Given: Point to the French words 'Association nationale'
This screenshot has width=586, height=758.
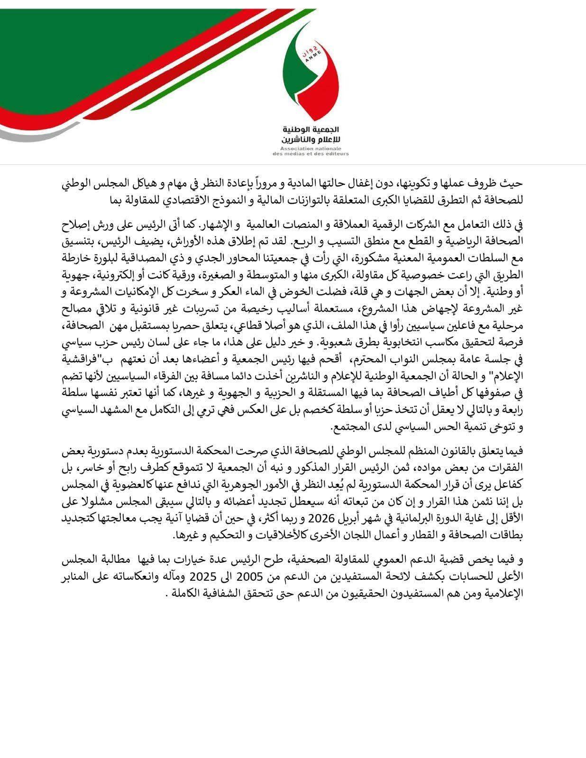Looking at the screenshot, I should pos(311,149).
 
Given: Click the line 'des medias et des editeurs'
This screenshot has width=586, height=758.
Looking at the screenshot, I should pos(311,154).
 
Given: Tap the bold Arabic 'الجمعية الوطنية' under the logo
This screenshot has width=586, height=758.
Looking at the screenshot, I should pos(311,129).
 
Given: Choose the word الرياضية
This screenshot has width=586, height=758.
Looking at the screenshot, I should pos(467,240).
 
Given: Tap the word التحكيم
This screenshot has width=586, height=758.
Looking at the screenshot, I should pos(225,535).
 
